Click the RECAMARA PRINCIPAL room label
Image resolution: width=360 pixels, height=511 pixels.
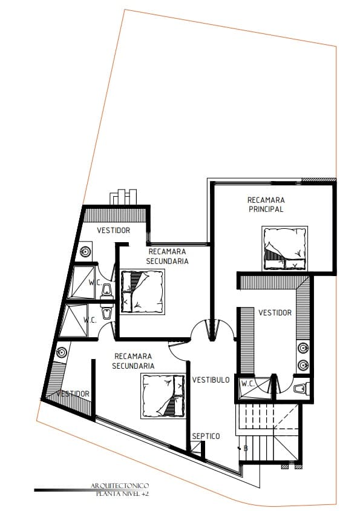coord(266,204)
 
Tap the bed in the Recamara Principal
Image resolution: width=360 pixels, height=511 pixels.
coord(284,248)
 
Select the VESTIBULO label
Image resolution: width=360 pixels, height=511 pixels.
coord(211,380)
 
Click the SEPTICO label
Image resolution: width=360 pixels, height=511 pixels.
coord(206,436)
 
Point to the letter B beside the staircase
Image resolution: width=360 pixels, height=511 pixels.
coord(246,449)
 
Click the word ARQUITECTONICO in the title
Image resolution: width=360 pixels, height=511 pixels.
coord(119,486)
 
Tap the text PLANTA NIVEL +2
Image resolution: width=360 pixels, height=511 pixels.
coord(122,494)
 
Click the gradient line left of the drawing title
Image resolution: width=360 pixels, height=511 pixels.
coord(61,490)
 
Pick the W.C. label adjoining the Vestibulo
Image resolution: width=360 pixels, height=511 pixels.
coord(247,383)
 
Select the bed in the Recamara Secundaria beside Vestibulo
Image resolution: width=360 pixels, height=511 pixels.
coord(163,395)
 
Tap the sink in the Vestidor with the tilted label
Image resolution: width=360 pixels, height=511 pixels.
coord(61,351)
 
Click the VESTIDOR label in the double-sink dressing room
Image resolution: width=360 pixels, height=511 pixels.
coord(275,313)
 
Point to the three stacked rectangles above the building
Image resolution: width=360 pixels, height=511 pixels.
coord(122,197)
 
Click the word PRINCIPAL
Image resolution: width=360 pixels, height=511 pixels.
coord(266,209)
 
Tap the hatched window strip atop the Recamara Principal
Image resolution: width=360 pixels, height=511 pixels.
coord(318,180)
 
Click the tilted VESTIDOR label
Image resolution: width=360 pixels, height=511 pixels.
coord(73,394)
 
